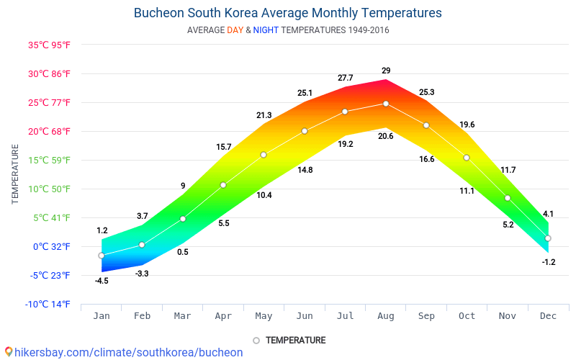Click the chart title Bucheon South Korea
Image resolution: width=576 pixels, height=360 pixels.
click(288, 13)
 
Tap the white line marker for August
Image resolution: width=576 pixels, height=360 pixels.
click(386, 104)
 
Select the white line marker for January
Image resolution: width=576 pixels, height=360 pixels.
click(102, 256)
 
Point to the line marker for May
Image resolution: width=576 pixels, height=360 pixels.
click(264, 155)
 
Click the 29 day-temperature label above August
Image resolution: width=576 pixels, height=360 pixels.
click(386, 71)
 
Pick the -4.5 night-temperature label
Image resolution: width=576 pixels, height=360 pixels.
click(102, 281)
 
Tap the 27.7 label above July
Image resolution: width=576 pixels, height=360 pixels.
click(345, 78)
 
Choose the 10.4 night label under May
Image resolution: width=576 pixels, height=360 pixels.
click(264, 195)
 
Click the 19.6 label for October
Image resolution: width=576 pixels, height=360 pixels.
click(467, 125)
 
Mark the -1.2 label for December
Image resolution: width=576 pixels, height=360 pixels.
click(549, 262)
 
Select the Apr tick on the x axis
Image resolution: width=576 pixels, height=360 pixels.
click(223, 315)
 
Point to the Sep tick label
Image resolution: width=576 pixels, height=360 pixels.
click(426, 315)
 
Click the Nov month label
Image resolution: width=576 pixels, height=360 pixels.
click(508, 315)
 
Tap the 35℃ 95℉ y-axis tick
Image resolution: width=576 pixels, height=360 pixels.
click(49, 45)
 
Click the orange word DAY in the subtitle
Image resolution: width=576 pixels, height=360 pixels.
click(235, 30)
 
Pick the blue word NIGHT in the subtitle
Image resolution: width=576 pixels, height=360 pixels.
click(266, 30)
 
